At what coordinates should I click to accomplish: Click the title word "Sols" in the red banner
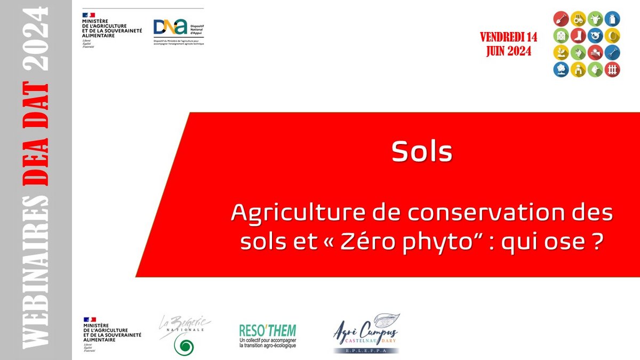click(421, 153)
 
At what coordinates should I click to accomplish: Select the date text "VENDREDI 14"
click(508, 37)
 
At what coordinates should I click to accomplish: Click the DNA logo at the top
click(170, 27)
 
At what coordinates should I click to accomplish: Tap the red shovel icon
click(562, 19)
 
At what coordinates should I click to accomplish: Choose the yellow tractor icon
click(579, 19)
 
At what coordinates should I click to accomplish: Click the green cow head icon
click(596, 19)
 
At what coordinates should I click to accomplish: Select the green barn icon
click(562, 36)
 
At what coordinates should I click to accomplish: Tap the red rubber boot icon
click(579, 36)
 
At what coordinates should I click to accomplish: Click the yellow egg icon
click(613, 36)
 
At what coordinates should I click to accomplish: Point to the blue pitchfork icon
click(613, 52)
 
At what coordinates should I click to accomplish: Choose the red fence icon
click(613, 69)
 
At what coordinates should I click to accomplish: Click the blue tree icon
click(562, 69)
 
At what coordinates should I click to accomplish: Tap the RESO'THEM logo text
click(267, 330)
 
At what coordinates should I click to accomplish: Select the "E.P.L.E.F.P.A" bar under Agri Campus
click(366, 350)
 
